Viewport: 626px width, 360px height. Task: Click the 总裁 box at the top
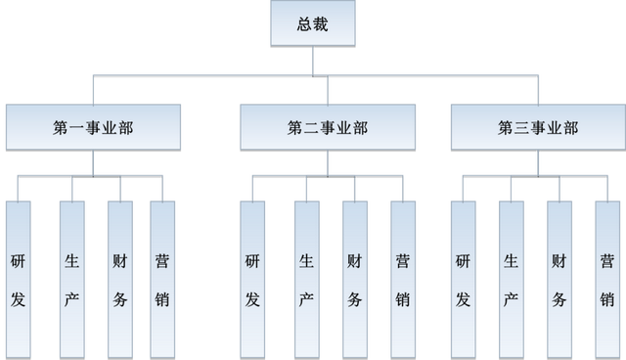[x=313, y=23]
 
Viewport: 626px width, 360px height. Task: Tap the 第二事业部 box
[x=314, y=126]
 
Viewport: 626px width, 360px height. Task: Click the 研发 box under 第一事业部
[x=19, y=278]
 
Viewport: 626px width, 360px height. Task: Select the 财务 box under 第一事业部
[x=118, y=278]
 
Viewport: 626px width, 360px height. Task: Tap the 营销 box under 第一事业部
[x=163, y=278]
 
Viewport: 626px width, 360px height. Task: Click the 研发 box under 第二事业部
[x=253, y=278]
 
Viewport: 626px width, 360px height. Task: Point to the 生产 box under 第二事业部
[x=306, y=278]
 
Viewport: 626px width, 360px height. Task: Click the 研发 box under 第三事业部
[x=463, y=278]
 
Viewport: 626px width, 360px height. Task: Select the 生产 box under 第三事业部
[x=511, y=278]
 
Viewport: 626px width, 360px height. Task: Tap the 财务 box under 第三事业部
[x=559, y=278]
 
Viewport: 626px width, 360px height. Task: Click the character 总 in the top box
[x=304, y=23]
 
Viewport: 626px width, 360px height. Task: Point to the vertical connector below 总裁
[x=313, y=60]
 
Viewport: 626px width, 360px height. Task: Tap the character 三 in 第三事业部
[x=518, y=127]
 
